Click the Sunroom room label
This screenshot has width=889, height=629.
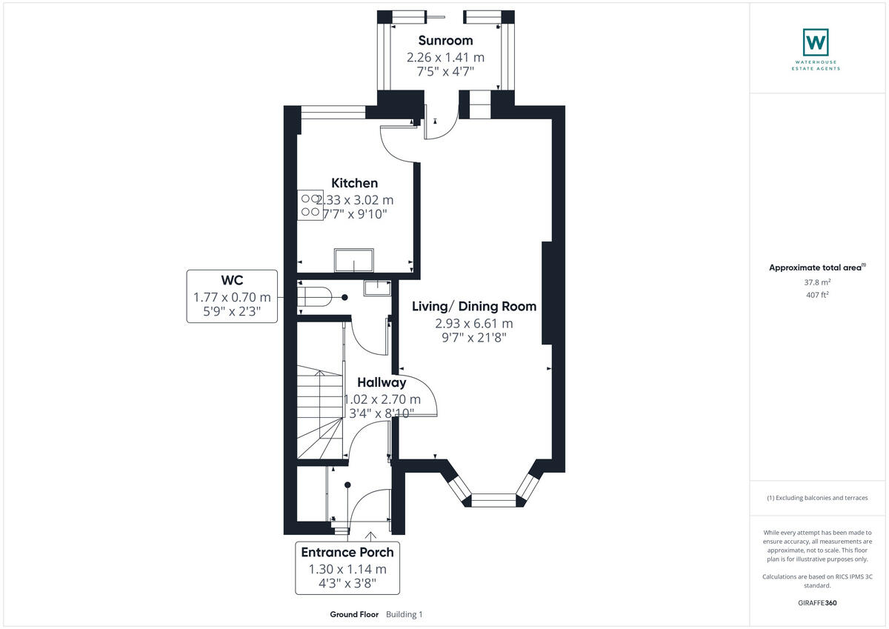[x=445, y=40]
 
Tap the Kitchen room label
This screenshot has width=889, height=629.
[x=354, y=183]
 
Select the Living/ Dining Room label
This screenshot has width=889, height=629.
[x=474, y=306]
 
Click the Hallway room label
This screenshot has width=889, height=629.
[x=382, y=383]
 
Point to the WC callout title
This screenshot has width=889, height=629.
[x=232, y=280]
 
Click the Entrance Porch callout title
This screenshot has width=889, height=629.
[x=347, y=552]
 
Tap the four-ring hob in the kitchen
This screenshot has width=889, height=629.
[x=310, y=206]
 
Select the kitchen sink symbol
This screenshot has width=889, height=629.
[x=354, y=260]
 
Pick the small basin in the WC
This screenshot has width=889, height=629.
[x=376, y=287]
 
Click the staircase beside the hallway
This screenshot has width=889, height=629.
[x=319, y=415]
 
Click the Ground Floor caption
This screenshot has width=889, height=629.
[x=354, y=614]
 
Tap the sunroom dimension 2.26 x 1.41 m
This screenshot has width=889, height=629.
[x=445, y=57]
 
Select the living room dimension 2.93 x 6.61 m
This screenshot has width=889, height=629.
[x=474, y=324]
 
